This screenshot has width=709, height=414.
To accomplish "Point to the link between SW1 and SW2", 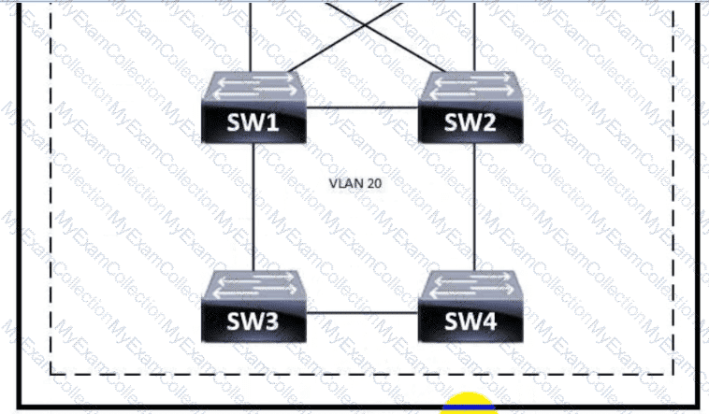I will [x=362, y=107].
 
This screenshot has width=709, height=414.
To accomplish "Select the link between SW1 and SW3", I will [x=254, y=206].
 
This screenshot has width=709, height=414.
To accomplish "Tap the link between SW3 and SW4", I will [x=362, y=313].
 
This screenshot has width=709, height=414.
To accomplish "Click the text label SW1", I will [x=254, y=122].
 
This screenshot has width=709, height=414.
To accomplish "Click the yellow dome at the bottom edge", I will [x=470, y=404].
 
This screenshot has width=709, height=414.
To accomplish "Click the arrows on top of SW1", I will [x=254, y=88].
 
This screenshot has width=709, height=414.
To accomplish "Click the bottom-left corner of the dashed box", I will [x=51, y=373].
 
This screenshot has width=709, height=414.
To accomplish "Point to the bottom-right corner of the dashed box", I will [x=671, y=373].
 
